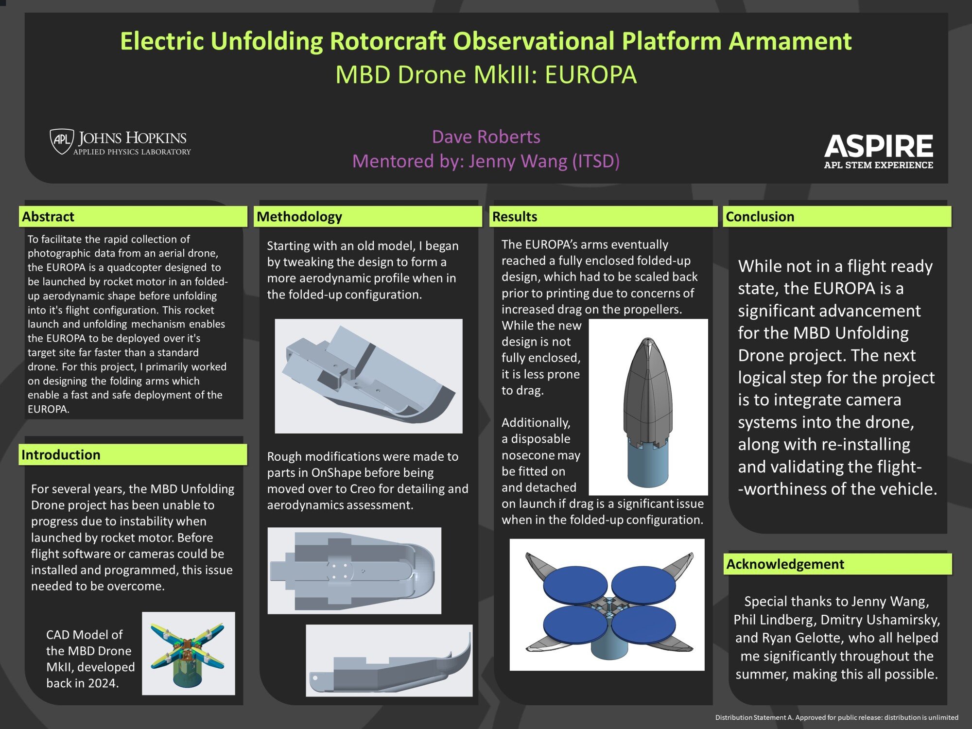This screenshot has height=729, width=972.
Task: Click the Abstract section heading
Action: click(x=48, y=217)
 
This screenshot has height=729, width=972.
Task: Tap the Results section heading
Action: click(x=515, y=217)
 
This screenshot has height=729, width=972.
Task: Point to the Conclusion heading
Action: click(x=760, y=217)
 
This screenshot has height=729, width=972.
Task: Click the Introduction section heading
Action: click(x=61, y=455)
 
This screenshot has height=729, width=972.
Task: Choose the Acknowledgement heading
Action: click(x=785, y=564)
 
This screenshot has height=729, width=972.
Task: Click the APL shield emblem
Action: click(x=62, y=141)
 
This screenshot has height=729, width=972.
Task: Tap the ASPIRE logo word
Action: click(x=879, y=146)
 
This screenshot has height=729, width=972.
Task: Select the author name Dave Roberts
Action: click(x=486, y=137)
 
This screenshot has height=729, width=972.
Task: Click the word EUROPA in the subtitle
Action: click(x=590, y=75)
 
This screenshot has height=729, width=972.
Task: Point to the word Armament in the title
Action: click(x=790, y=41)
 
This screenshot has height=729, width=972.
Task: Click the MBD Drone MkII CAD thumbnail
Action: click(x=188, y=653)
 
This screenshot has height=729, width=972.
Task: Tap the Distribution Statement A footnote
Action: click(x=836, y=717)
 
